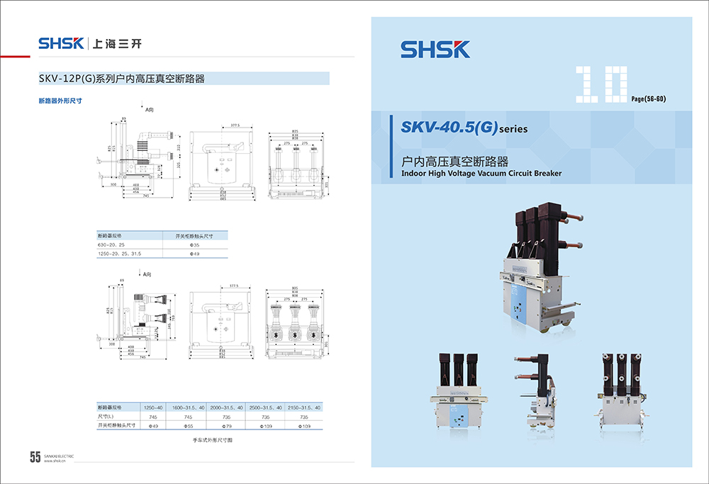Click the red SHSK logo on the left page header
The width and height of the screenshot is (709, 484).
(62, 44)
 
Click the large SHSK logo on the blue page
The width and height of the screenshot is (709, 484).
(435, 49)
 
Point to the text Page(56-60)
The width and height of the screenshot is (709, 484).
(648, 98)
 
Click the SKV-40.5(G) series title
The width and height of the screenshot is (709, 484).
(464, 128)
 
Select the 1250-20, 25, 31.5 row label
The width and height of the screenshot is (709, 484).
(120, 253)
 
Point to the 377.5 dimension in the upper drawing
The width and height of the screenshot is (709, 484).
(235, 125)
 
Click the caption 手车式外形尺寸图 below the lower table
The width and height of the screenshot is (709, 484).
(212, 441)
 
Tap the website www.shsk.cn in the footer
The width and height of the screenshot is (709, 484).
(55, 461)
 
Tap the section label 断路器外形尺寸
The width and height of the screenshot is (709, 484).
(60, 101)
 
